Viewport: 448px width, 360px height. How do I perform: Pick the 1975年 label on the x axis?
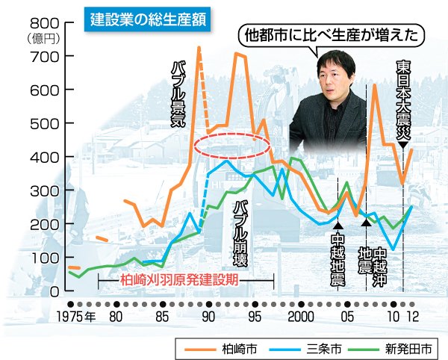pos(77,317)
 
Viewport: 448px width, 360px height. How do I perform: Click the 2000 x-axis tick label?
pos(300,317)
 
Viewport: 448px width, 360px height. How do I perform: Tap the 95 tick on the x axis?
pos(255,317)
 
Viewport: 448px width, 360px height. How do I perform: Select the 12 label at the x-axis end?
pos(412,317)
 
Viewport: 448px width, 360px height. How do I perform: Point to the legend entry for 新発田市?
pos(406,347)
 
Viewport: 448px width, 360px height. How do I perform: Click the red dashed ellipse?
pos(231,147)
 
